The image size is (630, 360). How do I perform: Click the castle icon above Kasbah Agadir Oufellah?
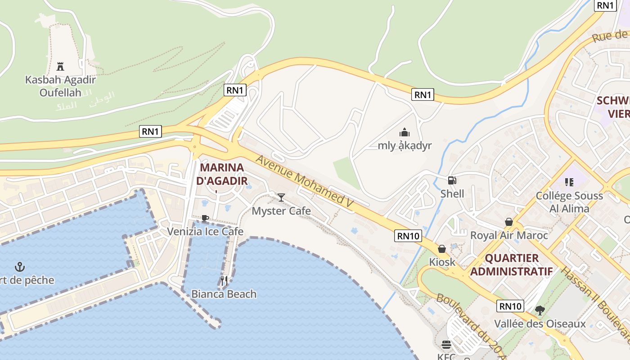tap(60, 67)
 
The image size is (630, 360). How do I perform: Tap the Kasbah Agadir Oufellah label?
tap(60, 86)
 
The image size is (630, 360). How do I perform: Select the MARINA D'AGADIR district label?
tap(222, 174)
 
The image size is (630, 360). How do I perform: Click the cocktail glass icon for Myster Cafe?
tap(281, 197)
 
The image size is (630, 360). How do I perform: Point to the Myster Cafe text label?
tap(281, 211)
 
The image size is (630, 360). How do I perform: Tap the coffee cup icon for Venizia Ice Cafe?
tap(205, 219)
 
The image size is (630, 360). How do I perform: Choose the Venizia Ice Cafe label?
tap(205, 232)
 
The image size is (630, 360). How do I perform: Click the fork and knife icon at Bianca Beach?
tap(224, 281)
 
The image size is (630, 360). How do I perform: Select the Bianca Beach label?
tap(224, 294)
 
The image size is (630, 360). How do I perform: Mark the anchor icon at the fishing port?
tap(19, 266)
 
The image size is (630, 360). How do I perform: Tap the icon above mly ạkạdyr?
tap(405, 132)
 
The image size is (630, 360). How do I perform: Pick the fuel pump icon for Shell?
tap(452, 180)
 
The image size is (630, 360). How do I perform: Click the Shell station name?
tap(452, 194)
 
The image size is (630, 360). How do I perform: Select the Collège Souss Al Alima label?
tap(569, 202)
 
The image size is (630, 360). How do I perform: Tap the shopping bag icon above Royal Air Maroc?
tap(509, 222)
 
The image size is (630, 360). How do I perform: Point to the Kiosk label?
tap(442, 262)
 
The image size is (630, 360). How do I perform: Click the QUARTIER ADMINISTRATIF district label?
tap(511, 265)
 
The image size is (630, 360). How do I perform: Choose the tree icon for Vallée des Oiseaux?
tap(540, 310)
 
